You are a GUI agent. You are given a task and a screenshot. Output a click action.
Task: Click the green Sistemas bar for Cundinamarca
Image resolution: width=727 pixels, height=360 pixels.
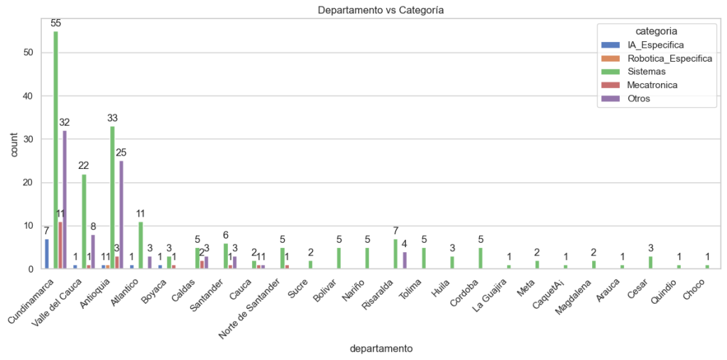(x=55, y=151)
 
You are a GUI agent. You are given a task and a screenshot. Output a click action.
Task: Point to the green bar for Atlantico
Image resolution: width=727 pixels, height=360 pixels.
(x=141, y=246)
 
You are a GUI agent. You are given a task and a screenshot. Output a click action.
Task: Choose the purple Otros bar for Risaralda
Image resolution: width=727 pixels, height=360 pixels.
(x=404, y=261)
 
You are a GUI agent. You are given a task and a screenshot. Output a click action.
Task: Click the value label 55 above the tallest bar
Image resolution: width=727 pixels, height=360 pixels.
(x=55, y=23)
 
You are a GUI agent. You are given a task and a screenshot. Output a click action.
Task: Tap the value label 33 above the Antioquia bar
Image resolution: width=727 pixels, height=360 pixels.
(x=112, y=118)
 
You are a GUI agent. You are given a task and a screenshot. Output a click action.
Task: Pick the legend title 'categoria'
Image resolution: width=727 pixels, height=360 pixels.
(x=655, y=31)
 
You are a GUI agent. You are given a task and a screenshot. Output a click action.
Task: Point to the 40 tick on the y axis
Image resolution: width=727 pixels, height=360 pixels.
(x=28, y=96)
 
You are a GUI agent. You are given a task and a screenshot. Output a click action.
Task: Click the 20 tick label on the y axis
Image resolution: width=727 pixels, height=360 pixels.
(x=28, y=182)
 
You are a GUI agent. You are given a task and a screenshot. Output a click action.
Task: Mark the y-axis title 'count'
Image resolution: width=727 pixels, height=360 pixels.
(x=11, y=151)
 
